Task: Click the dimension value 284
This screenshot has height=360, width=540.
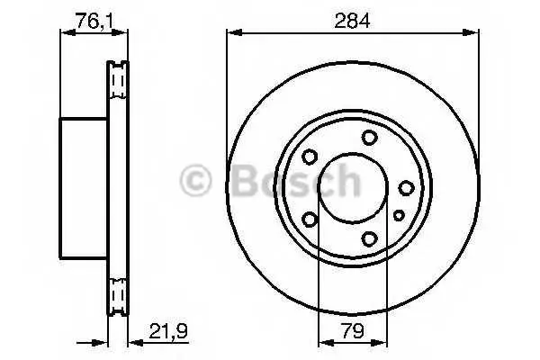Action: coord(352,21)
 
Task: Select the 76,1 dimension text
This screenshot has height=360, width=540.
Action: coord(94,21)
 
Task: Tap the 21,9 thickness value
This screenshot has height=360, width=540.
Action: coord(168,331)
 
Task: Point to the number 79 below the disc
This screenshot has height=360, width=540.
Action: coord(353,331)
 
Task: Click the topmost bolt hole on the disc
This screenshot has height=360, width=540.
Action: coord(369,138)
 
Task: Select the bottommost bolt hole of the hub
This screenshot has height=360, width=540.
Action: coord(369,238)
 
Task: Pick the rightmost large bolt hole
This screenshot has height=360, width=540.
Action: coord(407,188)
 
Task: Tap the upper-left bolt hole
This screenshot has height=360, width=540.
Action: coord(310,157)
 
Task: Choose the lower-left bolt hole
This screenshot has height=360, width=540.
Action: coord(310,220)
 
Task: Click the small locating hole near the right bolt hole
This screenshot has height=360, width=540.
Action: coord(399,216)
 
